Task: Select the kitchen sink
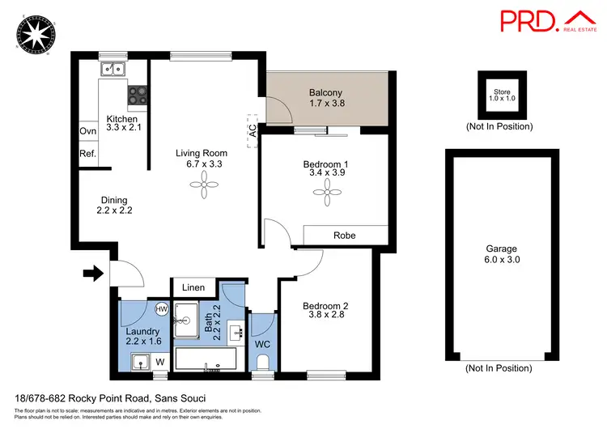pos(113,70)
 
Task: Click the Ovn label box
pos(87,131)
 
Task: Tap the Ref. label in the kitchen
pos(87,154)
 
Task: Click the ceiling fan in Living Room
pos(202,186)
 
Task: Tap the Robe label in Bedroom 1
pos(345,236)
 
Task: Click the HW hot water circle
pos(161,309)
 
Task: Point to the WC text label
pos(262,345)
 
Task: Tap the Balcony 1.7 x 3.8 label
pos(327,98)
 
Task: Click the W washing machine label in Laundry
pos(159,361)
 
